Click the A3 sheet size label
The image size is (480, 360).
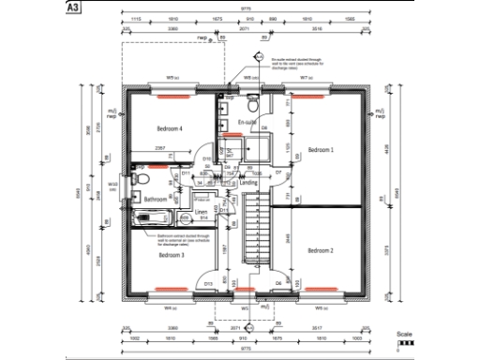pyautogui.click(x=72, y=7)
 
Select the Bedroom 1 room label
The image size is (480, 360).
pyautogui.click(x=320, y=150)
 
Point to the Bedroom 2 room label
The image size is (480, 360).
pyautogui.click(x=320, y=251)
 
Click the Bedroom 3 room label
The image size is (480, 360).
pyautogui.click(x=171, y=255)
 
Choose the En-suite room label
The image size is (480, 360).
pyautogui.click(x=247, y=123)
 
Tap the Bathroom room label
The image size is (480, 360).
pyautogui.click(x=156, y=199)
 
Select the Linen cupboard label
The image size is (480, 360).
pyautogui.click(x=201, y=215)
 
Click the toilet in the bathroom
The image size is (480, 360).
pyautogui.click(x=140, y=178)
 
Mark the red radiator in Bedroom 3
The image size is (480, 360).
pyautogui.click(x=171, y=288)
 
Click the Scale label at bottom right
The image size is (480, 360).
pyautogui.click(x=403, y=334)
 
